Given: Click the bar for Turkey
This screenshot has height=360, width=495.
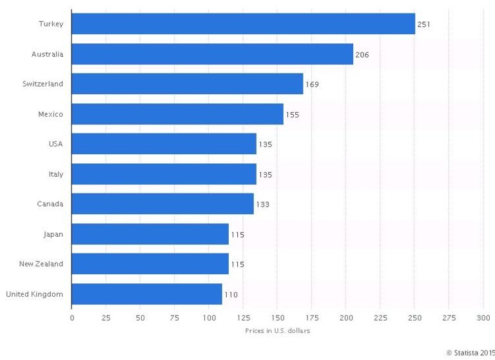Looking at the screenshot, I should point(243,25).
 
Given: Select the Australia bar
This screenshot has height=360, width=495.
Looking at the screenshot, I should point(212,54).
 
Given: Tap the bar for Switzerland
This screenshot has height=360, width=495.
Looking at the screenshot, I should point(187,84).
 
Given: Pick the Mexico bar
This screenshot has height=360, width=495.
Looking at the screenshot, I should point(177,114).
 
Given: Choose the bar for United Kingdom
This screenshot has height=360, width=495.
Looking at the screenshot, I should point(146,294).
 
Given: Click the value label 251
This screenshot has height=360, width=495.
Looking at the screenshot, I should point(423,25).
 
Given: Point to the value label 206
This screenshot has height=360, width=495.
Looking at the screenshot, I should point(362,55).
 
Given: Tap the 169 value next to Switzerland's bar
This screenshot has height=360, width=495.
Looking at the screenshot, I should point(312,85).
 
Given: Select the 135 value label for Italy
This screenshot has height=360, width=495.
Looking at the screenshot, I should point(265,174).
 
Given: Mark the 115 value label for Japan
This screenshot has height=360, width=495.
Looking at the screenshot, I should point(237,235).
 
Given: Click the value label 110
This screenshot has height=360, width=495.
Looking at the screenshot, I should point(231,295).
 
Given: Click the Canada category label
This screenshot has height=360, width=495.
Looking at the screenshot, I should point(50,204).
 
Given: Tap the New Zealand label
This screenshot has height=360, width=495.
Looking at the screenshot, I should point(41,264).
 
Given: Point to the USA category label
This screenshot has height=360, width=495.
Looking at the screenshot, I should point(55,144).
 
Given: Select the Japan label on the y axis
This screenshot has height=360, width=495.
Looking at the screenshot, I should point(53,234).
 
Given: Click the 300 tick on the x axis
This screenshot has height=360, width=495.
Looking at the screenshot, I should point(483,317).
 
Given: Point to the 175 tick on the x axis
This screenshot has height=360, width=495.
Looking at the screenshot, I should point(312,317).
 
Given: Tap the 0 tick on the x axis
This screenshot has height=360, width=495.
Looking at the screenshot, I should point(72,317).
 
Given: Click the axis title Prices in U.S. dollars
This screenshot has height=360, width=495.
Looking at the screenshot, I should point(278,330).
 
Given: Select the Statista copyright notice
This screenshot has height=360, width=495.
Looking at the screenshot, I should point(470,352).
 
